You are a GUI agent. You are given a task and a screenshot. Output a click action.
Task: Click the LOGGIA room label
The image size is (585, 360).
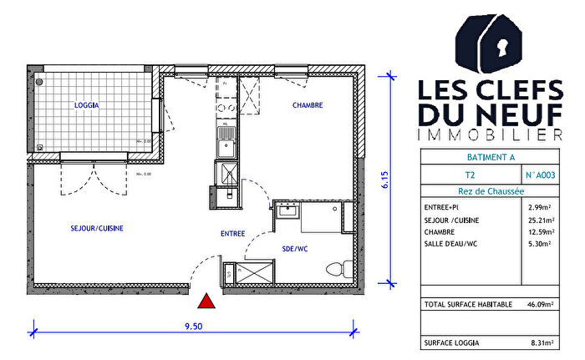(87, 106)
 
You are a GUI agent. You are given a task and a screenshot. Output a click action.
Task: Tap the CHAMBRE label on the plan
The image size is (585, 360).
(307, 105)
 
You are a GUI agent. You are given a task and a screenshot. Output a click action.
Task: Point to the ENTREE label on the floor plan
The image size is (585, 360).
(232, 235)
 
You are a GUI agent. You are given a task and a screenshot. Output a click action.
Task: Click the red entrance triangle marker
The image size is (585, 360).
(206, 301)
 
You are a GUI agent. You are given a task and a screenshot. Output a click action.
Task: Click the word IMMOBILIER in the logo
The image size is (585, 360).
(489, 134)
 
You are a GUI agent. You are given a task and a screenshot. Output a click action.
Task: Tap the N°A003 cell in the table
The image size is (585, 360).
(541, 175)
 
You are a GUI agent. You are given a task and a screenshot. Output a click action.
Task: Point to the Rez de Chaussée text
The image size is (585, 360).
(489, 191)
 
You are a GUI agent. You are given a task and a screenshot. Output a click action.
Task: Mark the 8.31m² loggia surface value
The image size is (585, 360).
(543, 342)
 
